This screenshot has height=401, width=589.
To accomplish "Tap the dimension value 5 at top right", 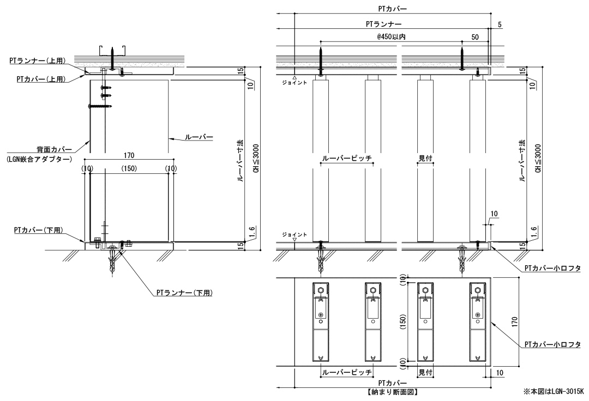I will pos(500,24).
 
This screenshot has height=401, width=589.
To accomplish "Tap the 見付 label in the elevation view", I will pos(425,158).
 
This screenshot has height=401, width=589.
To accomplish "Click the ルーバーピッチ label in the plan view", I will pos(346,372).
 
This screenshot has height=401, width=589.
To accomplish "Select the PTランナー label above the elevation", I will pos(384,25).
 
